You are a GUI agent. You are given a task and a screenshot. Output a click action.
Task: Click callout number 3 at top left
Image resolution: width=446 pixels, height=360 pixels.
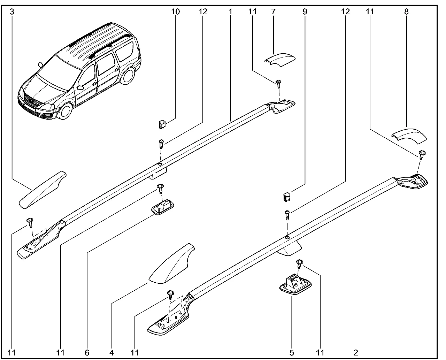pyautogui.click(x=12, y=12)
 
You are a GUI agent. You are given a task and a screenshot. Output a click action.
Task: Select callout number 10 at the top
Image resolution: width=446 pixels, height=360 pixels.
pyautogui.click(x=176, y=12)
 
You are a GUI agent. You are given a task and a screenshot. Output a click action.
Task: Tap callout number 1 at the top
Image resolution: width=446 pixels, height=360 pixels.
pyautogui.click(x=230, y=12)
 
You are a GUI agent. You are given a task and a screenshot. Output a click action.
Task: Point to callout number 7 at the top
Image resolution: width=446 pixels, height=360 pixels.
pyautogui.click(x=273, y=12)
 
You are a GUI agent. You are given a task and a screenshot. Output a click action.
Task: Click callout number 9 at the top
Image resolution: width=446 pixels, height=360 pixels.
pyautogui.click(x=305, y=12)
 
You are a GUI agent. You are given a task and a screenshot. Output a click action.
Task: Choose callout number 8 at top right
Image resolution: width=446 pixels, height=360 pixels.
pyautogui.click(x=406, y=12)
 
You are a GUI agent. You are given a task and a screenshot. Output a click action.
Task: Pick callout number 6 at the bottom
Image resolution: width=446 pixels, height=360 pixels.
pyautogui.click(x=87, y=352)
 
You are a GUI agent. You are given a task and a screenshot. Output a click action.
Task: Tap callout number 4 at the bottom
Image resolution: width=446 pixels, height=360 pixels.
pyautogui.click(x=111, y=352)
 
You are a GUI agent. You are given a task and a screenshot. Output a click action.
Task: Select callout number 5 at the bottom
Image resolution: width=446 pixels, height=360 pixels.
pyautogui.click(x=292, y=352)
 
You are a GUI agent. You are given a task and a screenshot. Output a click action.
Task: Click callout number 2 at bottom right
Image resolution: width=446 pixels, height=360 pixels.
pyautogui.click(x=355, y=352)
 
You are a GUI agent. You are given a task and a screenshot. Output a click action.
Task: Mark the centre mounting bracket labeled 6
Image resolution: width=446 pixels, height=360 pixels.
pyautogui.click(x=162, y=208)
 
